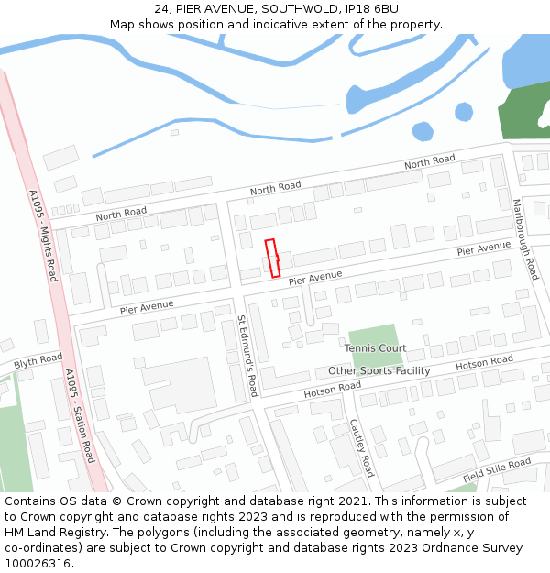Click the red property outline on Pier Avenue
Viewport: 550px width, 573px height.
point(272,258)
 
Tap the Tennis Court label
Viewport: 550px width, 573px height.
point(375,348)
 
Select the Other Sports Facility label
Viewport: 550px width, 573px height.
point(379,371)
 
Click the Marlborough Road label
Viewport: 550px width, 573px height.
point(524,240)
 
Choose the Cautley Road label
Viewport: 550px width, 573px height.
point(362,448)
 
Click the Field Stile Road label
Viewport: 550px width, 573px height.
point(497,471)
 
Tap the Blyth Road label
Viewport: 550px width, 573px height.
point(38,359)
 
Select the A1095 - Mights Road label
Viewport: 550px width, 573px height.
point(43,236)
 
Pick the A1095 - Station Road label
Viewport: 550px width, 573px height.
point(80,415)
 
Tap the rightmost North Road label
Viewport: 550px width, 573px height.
point(430,161)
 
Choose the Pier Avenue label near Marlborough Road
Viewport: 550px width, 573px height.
point(483,248)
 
